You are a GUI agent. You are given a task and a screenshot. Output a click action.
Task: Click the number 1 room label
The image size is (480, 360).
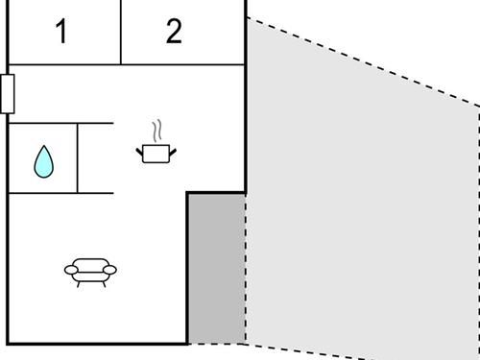coord(61,32)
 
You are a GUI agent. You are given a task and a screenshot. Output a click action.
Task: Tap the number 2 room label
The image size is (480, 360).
coord(174,32)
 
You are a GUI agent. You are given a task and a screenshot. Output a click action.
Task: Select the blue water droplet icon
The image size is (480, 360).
coord(43,160)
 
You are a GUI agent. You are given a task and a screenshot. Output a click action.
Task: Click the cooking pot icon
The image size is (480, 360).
coord(156,152)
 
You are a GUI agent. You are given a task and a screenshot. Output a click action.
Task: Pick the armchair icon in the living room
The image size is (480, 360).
coord(90,272)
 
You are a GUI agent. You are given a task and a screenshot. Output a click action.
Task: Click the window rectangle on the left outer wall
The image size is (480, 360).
coord(7,93)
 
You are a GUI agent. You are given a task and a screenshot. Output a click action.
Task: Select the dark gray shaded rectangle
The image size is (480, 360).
coord(216,268)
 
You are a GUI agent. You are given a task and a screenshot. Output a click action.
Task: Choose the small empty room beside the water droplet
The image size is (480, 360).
coord(95,157)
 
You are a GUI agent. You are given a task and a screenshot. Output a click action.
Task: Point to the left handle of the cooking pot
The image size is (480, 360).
coord(141,148)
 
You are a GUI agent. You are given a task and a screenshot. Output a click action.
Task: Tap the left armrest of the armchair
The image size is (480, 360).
coord(70,271)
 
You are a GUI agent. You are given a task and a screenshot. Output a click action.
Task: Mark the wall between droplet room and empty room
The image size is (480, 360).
coord(78,157)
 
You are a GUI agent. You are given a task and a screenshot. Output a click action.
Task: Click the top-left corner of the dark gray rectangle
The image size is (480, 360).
coord(187,193)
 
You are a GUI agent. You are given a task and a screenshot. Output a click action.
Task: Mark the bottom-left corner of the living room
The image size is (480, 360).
coord(9,343)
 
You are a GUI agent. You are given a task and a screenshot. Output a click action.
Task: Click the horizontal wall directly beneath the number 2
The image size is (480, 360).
coord(182,65)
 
